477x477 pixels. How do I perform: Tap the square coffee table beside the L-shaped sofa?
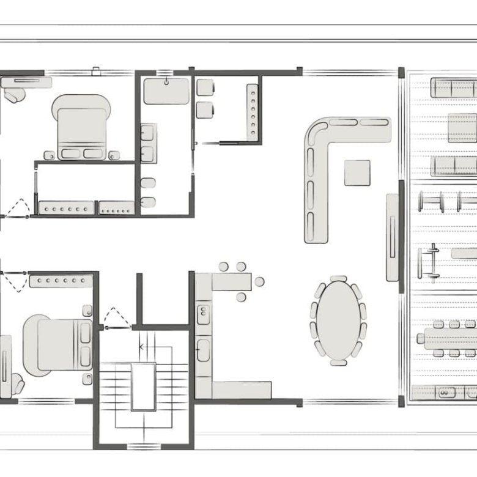point(357,172)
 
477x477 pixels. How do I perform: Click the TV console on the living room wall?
point(392,237)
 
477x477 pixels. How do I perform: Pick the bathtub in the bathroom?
point(166,91)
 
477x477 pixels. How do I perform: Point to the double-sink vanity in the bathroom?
point(147,144)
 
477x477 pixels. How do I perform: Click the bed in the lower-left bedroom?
point(58,345)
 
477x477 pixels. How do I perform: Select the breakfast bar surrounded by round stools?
point(232,282)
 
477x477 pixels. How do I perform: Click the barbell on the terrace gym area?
point(434,262)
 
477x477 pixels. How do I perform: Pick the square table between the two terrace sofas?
point(462,128)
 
